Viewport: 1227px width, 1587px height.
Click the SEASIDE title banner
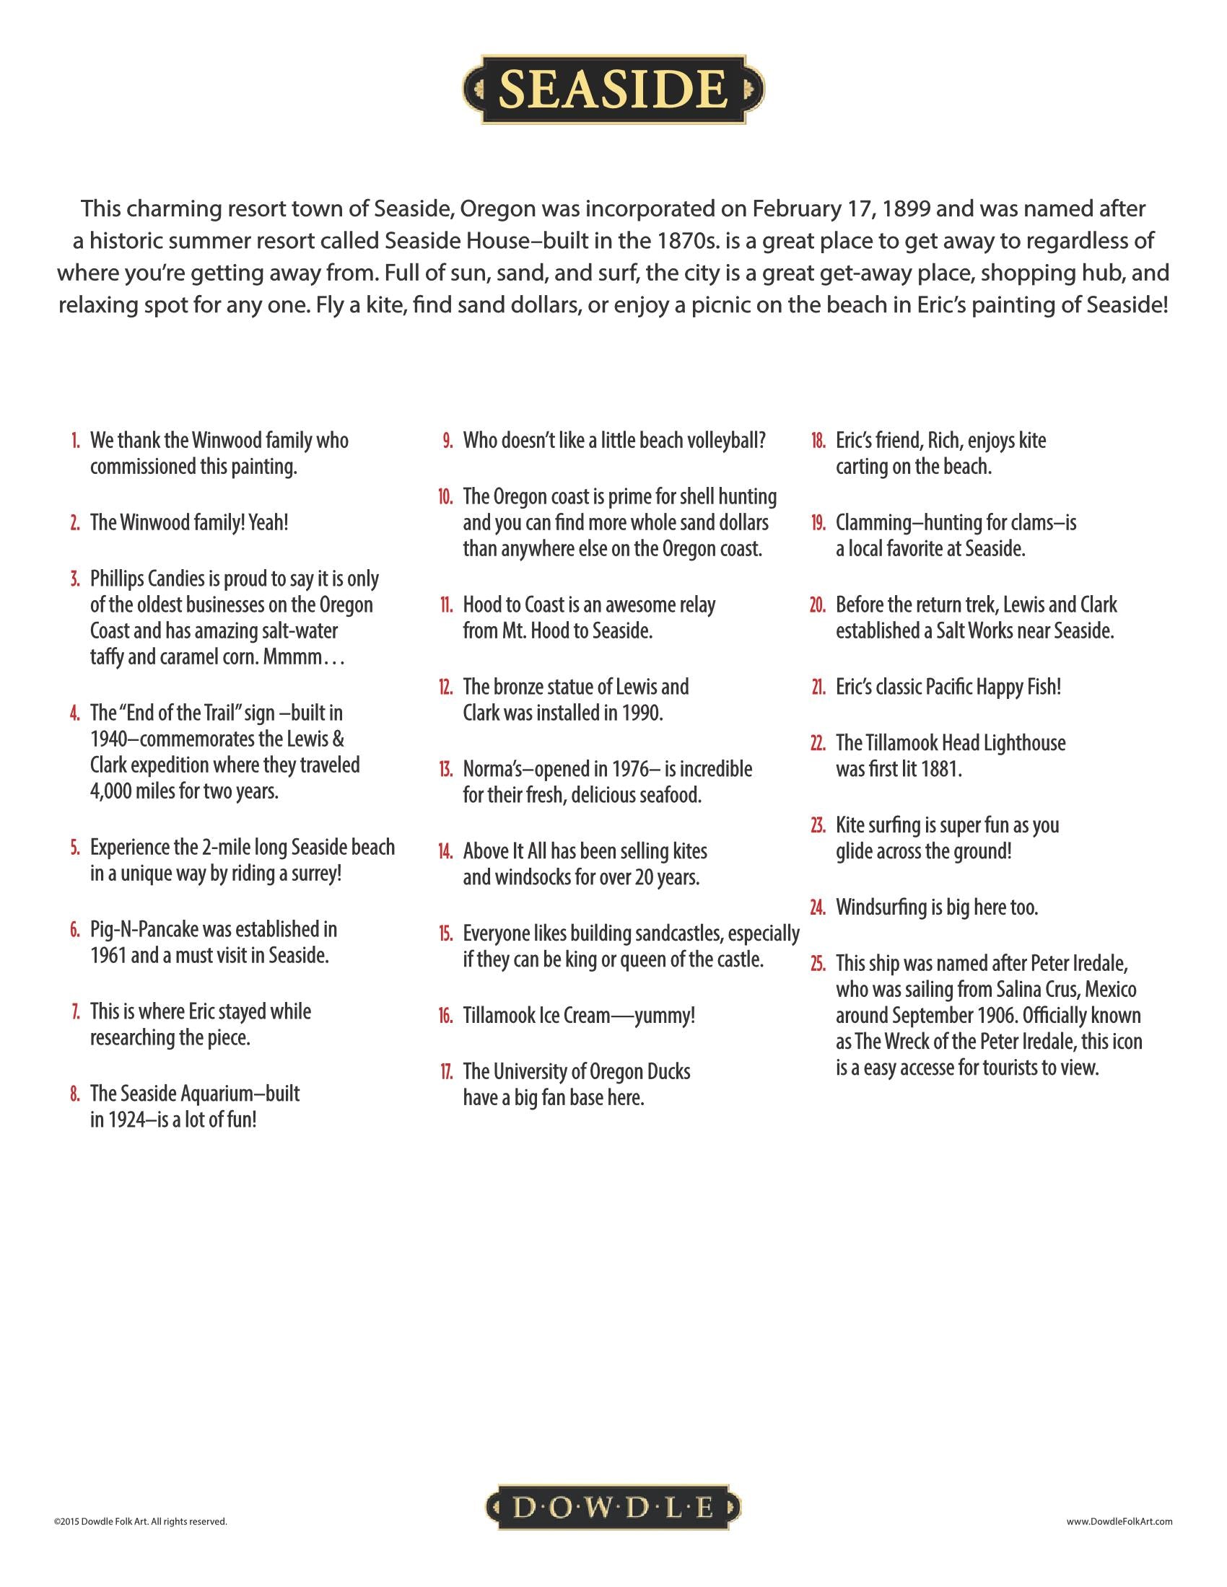613,89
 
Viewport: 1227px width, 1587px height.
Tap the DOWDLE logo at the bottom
613,1508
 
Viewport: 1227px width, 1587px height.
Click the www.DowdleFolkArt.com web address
1119,1521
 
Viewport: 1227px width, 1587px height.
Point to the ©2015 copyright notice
140,1521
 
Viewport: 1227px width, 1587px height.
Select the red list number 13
445,770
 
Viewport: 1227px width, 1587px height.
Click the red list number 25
818,964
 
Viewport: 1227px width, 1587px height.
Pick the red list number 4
75,713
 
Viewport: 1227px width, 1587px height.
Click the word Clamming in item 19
868,522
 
